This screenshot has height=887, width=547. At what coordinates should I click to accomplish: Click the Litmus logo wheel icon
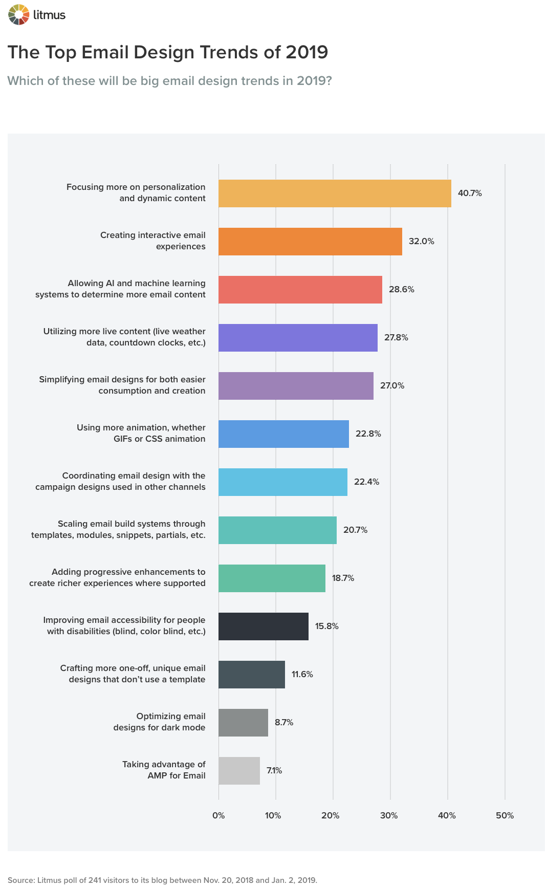pos(18,14)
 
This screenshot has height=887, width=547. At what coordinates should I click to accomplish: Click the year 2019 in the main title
pos(307,52)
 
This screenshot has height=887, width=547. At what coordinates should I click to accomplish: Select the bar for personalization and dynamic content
pos(335,193)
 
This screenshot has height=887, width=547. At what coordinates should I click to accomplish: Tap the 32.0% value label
pos(421,242)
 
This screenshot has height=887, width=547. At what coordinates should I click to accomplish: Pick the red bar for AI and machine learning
pos(300,290)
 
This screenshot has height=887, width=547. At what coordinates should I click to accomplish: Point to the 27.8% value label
pos(396,338)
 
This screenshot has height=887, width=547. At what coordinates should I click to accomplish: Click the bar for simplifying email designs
pos(296,386)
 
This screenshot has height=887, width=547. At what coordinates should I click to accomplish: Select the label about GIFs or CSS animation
pos(141,433)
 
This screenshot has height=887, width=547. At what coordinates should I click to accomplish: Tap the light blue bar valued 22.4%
pos(282,482)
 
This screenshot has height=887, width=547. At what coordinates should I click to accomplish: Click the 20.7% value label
pos(355,530)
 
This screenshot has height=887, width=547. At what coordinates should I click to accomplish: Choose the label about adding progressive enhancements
pos(117,577)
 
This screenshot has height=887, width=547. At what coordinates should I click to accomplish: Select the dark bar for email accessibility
pos(263,626)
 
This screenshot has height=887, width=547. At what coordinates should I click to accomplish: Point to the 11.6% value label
pos(302,675)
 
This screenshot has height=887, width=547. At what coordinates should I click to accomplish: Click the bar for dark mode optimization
pos(243,723)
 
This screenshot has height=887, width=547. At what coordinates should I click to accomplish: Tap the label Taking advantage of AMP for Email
pos(164,770)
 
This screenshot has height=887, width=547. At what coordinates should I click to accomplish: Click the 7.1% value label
pos(274,771)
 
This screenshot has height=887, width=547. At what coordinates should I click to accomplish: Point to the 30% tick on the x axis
pos(389,815)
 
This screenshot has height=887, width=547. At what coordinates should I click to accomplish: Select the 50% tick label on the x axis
pos(505,815)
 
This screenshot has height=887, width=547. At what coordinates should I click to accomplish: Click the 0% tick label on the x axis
pos(218,815)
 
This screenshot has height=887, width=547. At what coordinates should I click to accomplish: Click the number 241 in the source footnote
pos(95,880)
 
